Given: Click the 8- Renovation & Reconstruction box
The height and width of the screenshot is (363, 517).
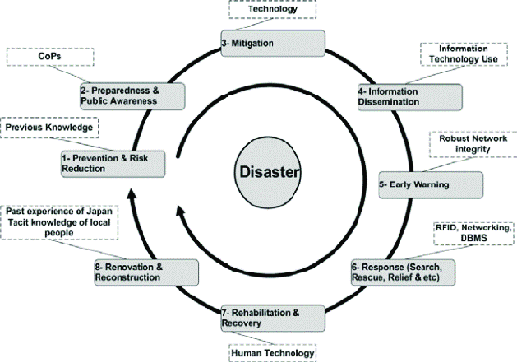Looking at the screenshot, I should pyautogui.click(x=145, y=272).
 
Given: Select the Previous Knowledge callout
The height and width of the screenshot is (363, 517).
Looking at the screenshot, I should pyautogui.click(x=49, y=128).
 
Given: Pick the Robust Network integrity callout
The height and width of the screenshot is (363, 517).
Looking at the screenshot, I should pyautogui.click(x=470, y=145).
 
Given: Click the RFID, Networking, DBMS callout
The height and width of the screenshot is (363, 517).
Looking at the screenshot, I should pyautogui.click(x=471, y=232).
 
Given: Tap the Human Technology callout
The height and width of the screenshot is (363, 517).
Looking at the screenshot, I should pyautogui.click(x=272, y=352).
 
